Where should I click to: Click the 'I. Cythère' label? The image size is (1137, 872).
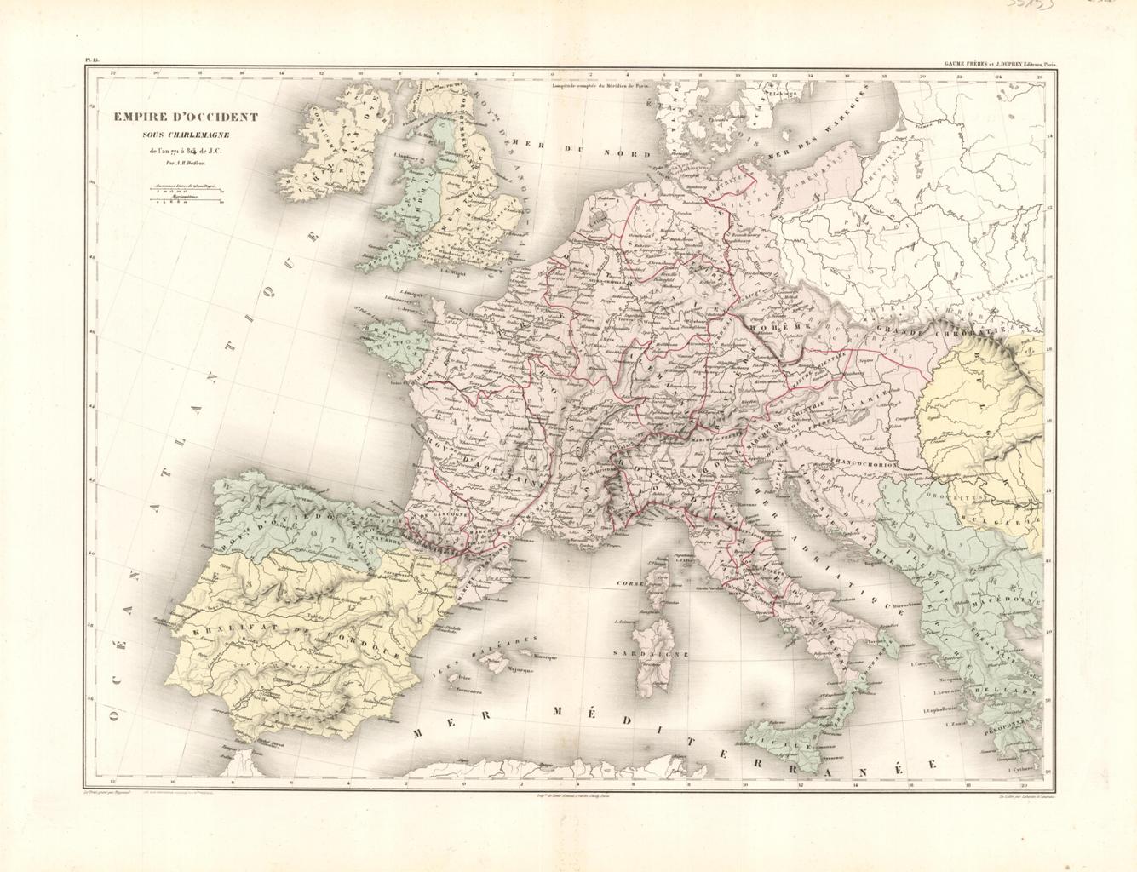click(1019, 770)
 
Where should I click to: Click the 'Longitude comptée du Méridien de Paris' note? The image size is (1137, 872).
click(600, 83)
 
